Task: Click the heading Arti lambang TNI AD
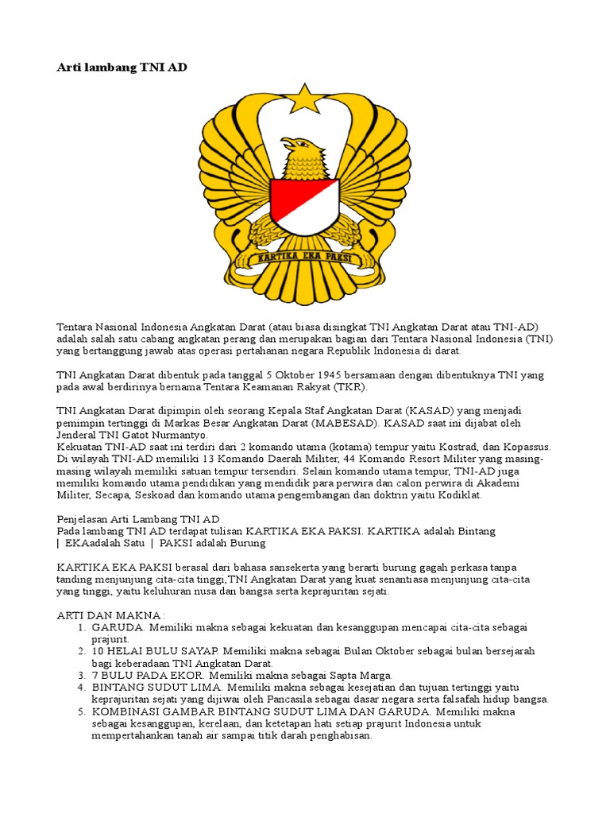(122, 68)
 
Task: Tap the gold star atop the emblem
(304, 99)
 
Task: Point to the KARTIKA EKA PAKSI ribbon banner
(304, 258)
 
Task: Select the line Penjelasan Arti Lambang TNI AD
(138, 519)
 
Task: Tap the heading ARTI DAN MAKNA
(110, 615)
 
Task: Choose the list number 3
(81, 675)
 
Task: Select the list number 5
(81, 711)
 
